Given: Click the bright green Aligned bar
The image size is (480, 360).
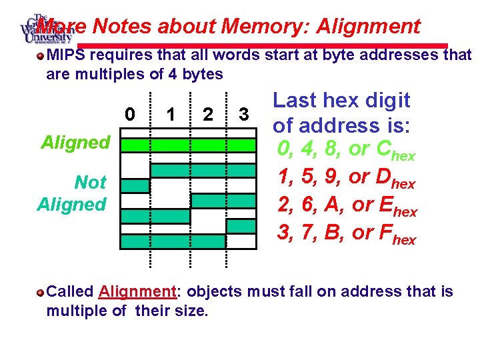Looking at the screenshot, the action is pyautogui.click(x=188, y=145).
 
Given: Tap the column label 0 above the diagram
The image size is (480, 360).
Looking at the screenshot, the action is pyautogui.click(x=131, y=115).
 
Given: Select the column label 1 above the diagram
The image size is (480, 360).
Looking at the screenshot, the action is pyautogui.click(x=171, y=115).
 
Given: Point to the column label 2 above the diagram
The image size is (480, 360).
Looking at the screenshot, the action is pyautogui.click(x=208, y=115).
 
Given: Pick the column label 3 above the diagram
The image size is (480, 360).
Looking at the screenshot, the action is pyautogui.click(x=244, y=115).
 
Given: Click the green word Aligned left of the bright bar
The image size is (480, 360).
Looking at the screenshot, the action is pyautogui.click(x=75, y=142).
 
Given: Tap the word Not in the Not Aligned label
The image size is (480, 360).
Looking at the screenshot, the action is pyautogui.click(x=90, y=182).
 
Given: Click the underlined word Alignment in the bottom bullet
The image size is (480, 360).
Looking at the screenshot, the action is pyautogui.click(x=136, y=291).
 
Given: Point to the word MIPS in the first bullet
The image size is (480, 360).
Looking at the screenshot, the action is pyautogui.click(x=65, y=55).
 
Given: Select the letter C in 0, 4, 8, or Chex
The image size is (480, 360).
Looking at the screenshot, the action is pyautogui.click(x=383, y=149).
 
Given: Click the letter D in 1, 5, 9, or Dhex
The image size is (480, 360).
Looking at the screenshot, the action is pyautogui.click(x=383, y=177).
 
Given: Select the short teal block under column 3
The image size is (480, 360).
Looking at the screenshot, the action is pyautogui.click(x=241, y=226).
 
